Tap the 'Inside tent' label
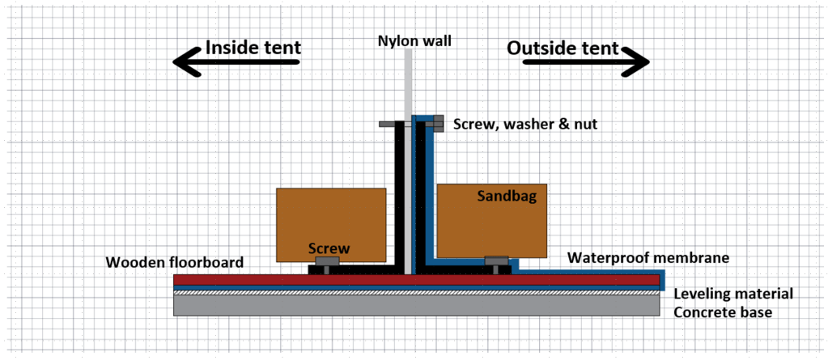[x=253, y=47]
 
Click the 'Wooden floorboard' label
[x=173, y=262]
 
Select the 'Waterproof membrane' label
[x=648, y=258]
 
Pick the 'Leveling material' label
[x=733, y=294]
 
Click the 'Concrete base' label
[x=724, y=312]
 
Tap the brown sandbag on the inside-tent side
[x=330, y=218]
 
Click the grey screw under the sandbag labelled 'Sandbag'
[x=495, y=261]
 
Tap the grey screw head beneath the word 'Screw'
[x=326, y=262]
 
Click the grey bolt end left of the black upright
[x=388, y=125]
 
